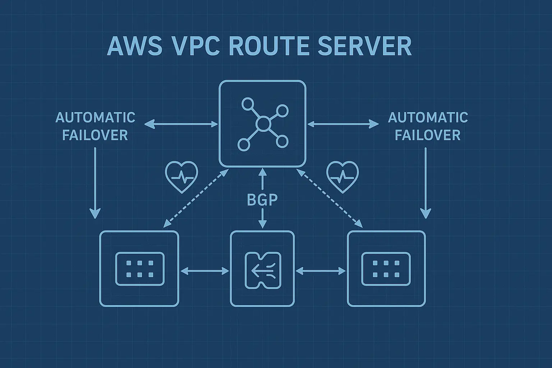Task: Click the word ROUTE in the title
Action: tap(268, 46)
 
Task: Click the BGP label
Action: tap(262, 200)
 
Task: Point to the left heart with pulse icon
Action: tap(181, 177)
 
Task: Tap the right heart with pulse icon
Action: tap(342, 177)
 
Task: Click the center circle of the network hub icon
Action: tap(263, 124)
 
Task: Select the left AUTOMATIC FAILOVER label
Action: tap(95, 126)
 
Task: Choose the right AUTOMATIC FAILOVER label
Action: tap(428, 126)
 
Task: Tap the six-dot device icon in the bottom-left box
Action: tap(139, 269)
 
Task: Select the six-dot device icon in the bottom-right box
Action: tap(386, 269)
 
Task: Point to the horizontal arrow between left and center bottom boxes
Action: tap(204, 271)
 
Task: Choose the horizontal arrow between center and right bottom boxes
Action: tap(320, 271)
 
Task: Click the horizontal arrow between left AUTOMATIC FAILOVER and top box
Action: tap(181, 124)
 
